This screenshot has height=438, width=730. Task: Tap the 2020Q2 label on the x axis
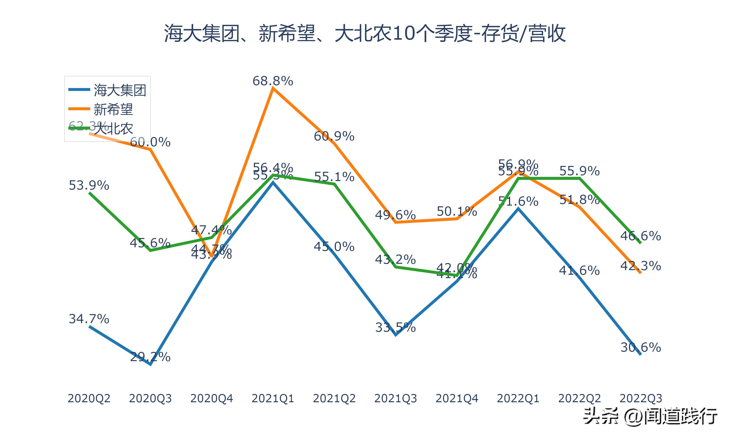(89, 398)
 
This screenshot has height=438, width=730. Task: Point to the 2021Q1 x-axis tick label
(273, 398)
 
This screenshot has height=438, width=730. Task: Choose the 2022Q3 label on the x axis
(641, 398)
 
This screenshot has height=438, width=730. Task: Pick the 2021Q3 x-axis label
(396, 398)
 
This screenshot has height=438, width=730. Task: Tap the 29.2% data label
(150, 357)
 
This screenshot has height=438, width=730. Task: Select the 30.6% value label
(641, 347)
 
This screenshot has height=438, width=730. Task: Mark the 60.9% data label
(334, 136)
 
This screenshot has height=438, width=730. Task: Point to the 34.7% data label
(89, 319)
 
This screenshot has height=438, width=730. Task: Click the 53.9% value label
(89, 185)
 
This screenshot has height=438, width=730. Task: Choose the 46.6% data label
(641, 236)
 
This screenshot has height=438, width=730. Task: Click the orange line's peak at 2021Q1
(273, 88)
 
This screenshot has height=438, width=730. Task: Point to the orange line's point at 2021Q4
(457, 219)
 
